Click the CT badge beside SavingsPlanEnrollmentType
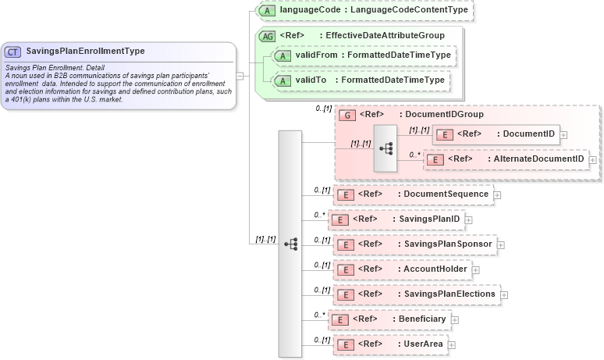[x=13, y=52]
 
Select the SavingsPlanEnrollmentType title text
[x=85, y=52]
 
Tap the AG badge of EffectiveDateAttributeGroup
[x=268, y=36]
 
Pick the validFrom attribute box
[x=363, y=55]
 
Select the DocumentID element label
[x=528, y=134]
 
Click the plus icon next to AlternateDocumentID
[x=593, y=159]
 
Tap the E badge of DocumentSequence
[x=345, y=194]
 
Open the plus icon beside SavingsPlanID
[x=469, y=220]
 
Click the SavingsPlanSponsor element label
[x=448, y=244]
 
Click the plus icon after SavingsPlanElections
[x=504, y=295]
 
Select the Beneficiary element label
[x=421, y=319]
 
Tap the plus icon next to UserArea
[x=451, y=344]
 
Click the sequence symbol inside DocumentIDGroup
[x=385, y=148]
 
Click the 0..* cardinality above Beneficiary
[x=319, y=314]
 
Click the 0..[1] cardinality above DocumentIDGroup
[x=324, y=109]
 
